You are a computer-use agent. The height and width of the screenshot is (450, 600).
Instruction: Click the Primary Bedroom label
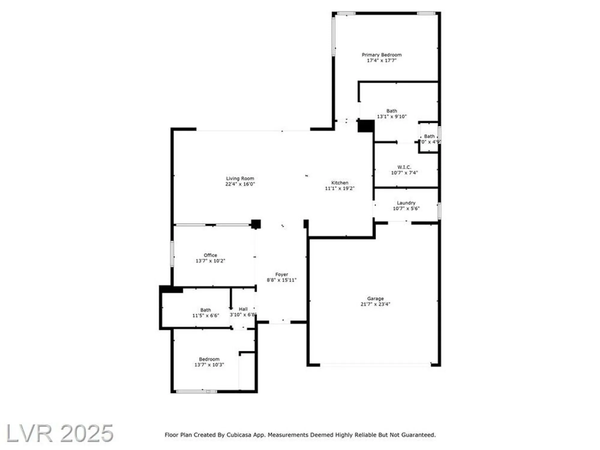pos(381,55)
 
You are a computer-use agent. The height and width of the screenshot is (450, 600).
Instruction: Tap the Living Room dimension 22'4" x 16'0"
pos(240,184)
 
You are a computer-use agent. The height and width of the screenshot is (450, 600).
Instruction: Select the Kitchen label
pos(340,183)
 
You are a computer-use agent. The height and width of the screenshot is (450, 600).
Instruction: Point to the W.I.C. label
pos(404,167)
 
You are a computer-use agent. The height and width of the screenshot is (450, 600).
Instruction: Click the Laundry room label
pos(406,203)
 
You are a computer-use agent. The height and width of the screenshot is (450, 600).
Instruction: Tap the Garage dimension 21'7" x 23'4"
pos(375,304)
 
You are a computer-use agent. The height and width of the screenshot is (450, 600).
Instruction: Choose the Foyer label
pos(281,274)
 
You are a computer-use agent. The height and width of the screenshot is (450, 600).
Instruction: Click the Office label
pos(210,255)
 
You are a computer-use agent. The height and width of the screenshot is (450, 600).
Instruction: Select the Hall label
pos(243,309)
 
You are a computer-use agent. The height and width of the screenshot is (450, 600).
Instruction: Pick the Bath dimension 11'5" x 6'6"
pos(205,316)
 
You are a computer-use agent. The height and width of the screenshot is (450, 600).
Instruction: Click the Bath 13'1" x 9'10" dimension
pos(391,117)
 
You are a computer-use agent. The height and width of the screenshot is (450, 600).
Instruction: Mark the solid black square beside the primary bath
pos(366,126)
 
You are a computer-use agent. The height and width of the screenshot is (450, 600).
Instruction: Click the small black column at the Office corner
pos(256,224)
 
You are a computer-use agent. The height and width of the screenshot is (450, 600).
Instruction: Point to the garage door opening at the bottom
pos(375,365)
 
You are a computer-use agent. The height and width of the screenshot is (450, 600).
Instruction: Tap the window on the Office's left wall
pos(172,254)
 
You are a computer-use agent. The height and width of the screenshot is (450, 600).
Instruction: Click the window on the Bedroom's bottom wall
pos(196,391)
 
